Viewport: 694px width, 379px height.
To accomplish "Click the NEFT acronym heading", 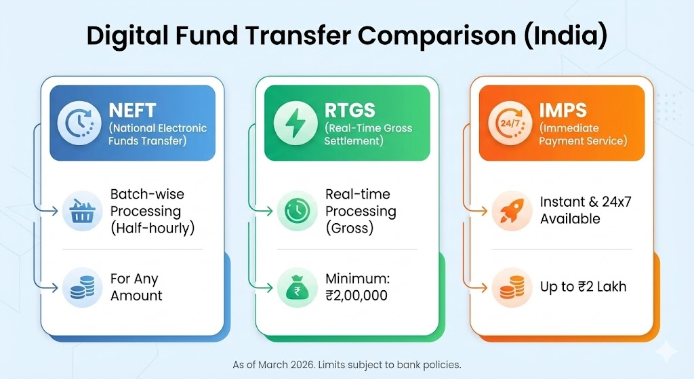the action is [x=132, y=111].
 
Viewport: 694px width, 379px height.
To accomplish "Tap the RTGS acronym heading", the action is [x=350, y=111].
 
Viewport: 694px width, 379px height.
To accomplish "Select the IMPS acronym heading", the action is [x=563, y=111].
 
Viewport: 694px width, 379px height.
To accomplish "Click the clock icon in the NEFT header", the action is [x=79, y=123].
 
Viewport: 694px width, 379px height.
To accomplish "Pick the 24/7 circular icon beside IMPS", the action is [x=510, y=123].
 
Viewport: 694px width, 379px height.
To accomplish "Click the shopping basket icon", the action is [x=82, y=211].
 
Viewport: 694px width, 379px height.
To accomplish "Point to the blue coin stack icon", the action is [x=82, y=287].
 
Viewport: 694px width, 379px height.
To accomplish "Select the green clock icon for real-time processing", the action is [x=297, y=211].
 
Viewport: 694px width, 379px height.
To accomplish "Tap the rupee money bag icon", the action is [x=297, y=287].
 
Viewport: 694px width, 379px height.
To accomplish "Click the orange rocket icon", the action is [x=512, y=211].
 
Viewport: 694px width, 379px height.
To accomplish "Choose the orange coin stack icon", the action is [x=512, y=287].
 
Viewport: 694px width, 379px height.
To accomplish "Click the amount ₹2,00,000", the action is [x=356, y=296].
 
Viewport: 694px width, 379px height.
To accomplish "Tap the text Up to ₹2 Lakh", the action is [x=583, y=287].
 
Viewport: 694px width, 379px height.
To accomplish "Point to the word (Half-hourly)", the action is [x=152, y=228].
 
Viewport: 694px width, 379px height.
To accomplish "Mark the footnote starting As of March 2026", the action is [x=347, y=365].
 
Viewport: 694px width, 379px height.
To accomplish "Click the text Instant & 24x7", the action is [x=586, y=202].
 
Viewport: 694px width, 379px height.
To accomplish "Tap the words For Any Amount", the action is [x=136, y=287].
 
